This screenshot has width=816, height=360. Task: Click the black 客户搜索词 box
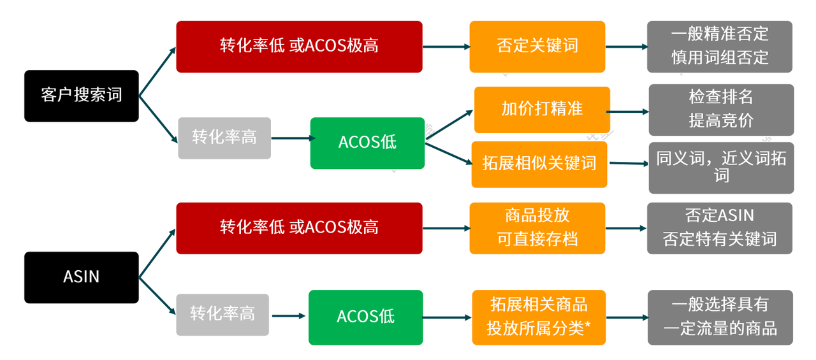(81, 96)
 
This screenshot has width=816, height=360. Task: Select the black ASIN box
(81, 277)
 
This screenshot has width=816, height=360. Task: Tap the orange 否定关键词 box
(537, 47)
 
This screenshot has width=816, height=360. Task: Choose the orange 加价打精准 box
(542, 110)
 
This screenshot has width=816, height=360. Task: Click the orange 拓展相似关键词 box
(539, 164)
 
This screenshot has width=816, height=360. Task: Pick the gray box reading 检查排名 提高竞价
(721, 110)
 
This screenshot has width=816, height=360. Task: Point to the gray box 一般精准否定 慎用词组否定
(720, 47)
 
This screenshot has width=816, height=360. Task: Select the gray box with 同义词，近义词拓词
(721, 168)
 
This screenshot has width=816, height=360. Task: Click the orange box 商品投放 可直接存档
(537, 228)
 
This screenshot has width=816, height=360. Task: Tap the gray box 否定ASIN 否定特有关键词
(720, 228)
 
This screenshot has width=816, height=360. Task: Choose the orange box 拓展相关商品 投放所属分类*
(539, 317)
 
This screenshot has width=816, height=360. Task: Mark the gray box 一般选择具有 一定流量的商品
(720, 317)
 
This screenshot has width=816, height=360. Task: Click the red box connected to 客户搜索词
(299, 47)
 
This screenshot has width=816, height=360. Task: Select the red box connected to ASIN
(299, 228)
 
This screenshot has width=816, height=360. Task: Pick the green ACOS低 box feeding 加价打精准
(367, 143)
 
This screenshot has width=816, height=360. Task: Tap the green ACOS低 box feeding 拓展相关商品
(365, 317)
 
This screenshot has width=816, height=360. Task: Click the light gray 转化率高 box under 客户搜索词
(224, 138)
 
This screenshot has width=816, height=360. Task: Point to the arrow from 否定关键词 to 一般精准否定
(626, 47)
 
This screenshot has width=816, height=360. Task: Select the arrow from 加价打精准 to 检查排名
(628, 112)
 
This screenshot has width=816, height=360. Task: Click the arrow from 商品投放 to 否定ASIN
(626, 228)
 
